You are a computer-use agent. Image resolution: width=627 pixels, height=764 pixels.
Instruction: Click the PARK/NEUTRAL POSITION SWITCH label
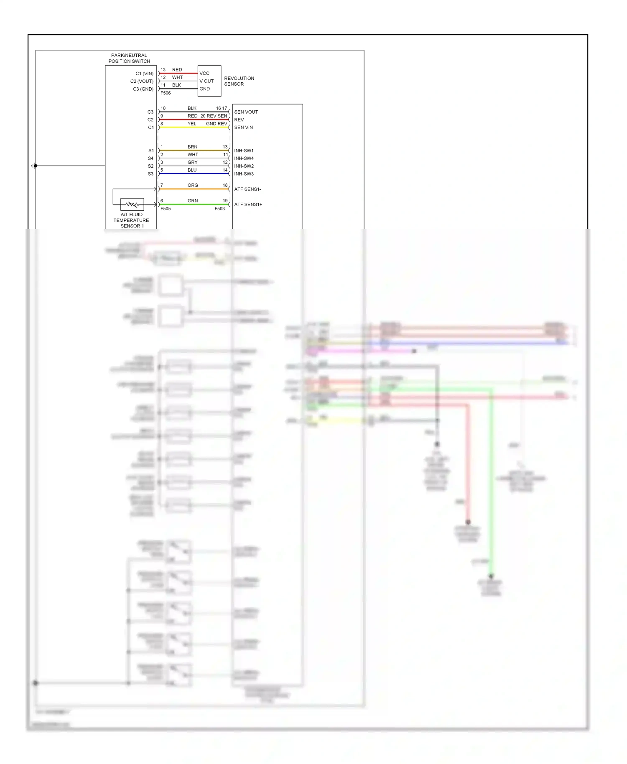pos(129,58)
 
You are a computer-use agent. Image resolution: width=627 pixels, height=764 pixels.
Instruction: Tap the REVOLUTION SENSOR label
pos(239,81)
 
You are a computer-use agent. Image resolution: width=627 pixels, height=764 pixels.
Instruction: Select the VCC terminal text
pos(204,73)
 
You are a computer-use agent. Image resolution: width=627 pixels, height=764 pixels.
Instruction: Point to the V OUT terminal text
pos(206,81)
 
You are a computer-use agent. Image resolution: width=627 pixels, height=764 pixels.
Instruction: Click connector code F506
pos(166,93)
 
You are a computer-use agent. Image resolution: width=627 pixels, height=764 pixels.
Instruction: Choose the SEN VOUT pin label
pos(246,112)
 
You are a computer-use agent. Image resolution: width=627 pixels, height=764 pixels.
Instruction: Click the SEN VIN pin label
pos(243,127)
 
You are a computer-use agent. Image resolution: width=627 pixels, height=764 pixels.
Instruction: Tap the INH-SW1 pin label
pos(244,150)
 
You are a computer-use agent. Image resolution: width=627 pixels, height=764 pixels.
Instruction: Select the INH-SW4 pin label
pos(244,158)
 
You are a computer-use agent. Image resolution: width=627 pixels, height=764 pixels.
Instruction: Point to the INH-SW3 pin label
pos(244,174)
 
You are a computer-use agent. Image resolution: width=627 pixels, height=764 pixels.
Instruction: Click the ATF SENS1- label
pos(247,189)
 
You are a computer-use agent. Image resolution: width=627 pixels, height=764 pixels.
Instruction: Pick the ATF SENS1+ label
pos(248,204)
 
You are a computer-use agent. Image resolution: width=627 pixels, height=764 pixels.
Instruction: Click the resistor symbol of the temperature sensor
pos(132,204)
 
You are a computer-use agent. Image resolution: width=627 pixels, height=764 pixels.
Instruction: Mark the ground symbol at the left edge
pos(33,166)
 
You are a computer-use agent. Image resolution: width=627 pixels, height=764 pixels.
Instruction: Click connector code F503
pos(219,209)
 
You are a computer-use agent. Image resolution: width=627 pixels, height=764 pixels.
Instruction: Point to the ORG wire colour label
pos(193,185)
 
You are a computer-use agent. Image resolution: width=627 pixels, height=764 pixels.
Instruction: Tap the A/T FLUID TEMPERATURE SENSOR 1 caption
pos(131,220)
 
